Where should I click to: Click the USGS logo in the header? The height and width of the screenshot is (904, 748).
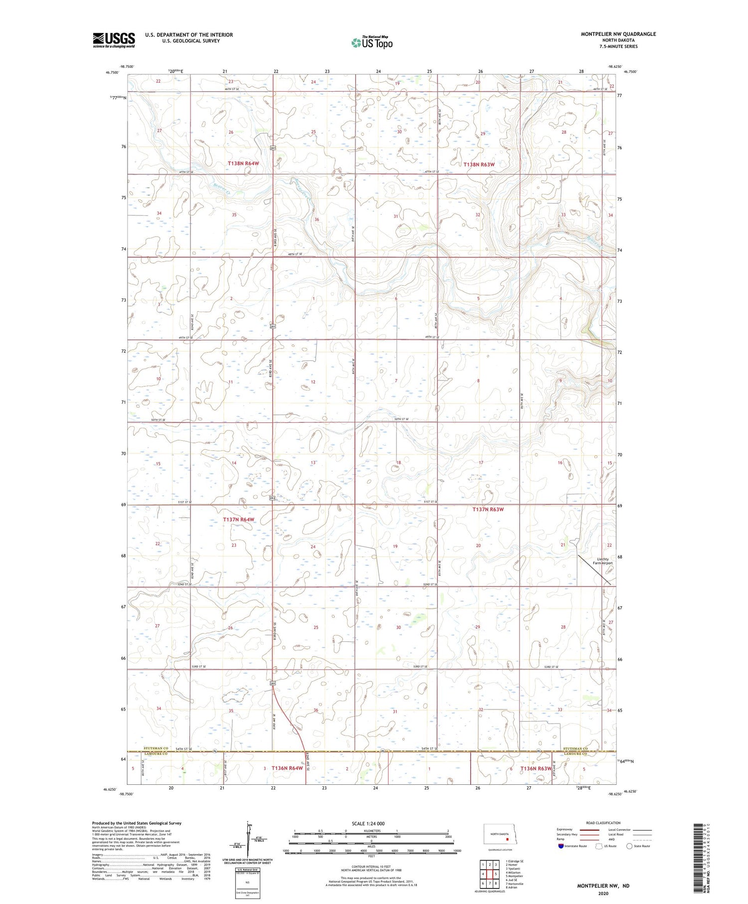pos(114,40)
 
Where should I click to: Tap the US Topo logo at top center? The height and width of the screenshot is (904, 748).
pos(372,43)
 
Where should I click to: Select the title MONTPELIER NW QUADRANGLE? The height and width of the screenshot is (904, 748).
pos(618,34)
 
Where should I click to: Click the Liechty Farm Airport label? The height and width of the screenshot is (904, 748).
pos(602,561)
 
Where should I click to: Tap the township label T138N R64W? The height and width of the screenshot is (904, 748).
pos(243,164)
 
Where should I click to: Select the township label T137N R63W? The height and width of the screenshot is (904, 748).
pos(488,509)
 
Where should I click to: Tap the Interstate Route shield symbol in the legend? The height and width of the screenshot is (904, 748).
pos(561,846)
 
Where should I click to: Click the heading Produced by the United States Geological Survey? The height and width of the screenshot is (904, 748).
pos(136,823)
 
